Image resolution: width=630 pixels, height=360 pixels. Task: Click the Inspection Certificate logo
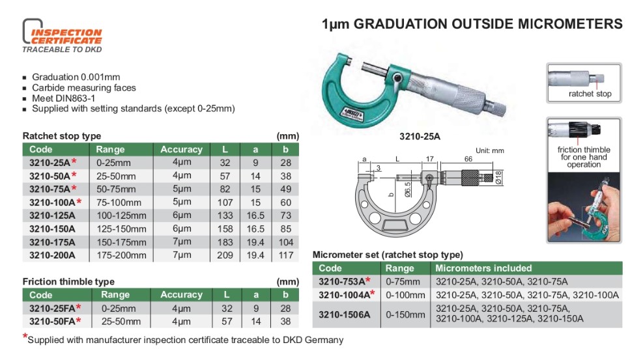coord(63,36)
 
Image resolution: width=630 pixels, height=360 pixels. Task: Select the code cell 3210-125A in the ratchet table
coord(52,215)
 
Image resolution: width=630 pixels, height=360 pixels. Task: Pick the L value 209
coord(225,255)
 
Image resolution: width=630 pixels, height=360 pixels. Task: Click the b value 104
coord(285,242)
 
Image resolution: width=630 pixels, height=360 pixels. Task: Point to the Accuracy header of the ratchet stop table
coord(182,149)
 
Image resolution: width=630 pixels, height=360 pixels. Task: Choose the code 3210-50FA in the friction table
coord(52,322)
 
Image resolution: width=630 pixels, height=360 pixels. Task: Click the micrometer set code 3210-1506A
coord(345,314)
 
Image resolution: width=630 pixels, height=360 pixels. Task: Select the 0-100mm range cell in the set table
coord(405,295)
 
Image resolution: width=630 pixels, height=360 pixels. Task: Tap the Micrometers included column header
coord(483,268)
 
